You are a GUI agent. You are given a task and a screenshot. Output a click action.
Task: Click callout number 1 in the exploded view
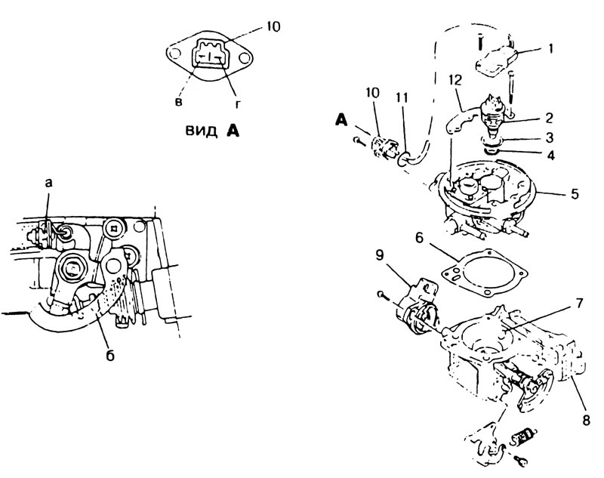click(551, 49)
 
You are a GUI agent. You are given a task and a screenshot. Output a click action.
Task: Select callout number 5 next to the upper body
click(575, 194)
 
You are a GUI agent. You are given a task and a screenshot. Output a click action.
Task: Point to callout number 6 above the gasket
click(419, 238)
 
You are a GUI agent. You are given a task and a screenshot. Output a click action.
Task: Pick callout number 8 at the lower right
click(587, 420)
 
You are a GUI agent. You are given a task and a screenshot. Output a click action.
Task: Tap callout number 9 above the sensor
click(380, 256)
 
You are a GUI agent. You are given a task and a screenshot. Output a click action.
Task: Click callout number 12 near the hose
click(455, 80)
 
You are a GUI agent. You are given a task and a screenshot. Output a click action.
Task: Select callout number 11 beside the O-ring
click(402, 98)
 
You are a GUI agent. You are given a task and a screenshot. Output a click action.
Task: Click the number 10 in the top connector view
click(273, 26)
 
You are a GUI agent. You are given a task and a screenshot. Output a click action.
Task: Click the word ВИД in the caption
click(201, 131)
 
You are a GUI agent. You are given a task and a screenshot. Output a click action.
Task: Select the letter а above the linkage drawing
click(48, 183)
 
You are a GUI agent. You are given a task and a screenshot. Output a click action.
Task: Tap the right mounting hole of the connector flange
click(244, 58)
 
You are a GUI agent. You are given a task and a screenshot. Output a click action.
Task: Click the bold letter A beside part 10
click(342, 120)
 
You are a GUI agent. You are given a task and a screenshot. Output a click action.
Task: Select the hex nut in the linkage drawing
click(72, 268)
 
